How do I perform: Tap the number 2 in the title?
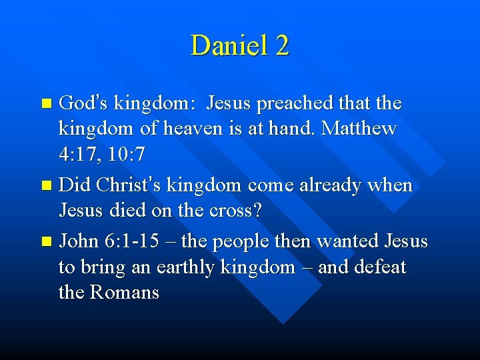pos(281,46)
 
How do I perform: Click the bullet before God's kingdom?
pos(45,104)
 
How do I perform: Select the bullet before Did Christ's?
pos(45,186)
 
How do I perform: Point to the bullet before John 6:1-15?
pos(45,241)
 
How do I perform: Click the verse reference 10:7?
pos(125,155)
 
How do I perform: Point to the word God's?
pos(83,103)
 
